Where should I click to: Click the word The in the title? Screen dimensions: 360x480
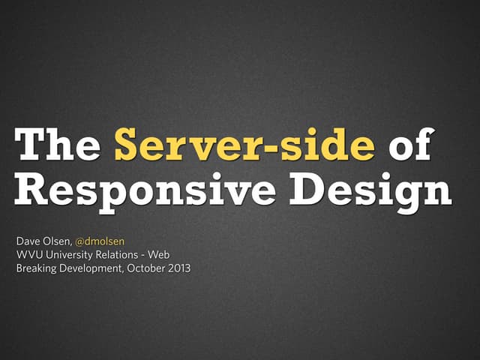[57, 145]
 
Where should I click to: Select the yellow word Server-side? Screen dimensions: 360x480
[244, 145]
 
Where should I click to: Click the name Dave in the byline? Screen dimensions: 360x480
[28, 241]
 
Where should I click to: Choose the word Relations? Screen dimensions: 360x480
[124, 255]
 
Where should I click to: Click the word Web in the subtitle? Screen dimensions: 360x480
[169, 255]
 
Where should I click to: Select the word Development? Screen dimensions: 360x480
[94, 268]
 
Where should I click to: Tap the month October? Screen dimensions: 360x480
[150, 268]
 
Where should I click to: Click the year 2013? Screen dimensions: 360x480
[181, 268]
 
